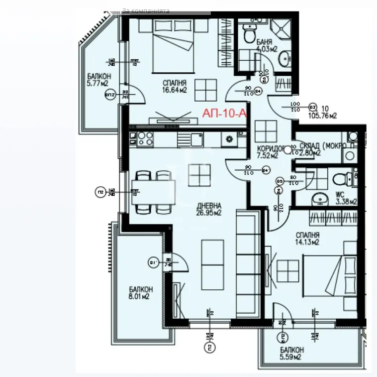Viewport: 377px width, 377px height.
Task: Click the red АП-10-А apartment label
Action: click(x=224, y=114)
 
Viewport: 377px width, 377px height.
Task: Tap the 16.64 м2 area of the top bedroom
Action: click(x=174, y=90)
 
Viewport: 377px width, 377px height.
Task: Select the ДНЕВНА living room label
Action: click(x=209, y=205)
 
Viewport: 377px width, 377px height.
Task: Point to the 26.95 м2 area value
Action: click(x=209, y=213)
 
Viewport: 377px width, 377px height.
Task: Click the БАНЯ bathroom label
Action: click(x=264, y=42)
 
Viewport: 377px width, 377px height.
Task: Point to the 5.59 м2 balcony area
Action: click(x=291, y=357)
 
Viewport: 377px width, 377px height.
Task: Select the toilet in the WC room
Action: click(x=341, y=177)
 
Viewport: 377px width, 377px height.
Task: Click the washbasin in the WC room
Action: click(x=319, y=199)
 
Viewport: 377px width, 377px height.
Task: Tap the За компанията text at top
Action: click(x=145, y=10)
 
